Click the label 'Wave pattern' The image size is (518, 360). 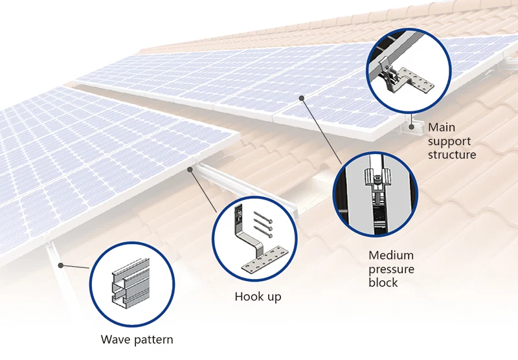pos(137,339)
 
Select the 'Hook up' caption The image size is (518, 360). pos(258,297)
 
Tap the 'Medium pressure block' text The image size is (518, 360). pos(391,269)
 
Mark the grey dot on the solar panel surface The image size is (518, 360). pos(302,98)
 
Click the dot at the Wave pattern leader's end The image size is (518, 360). pos(60,265)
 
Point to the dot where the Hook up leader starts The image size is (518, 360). pos(190,169)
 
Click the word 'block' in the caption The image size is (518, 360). pos(383,283)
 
